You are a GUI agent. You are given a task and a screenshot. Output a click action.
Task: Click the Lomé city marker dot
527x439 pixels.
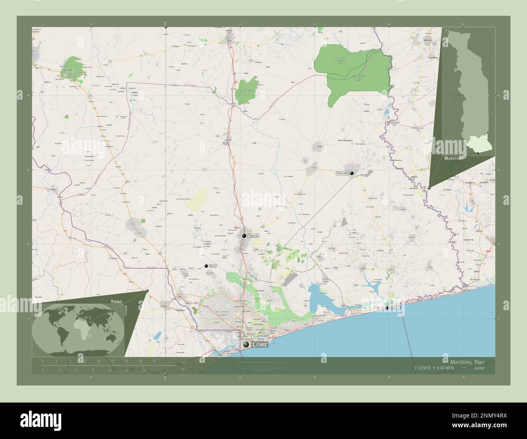(x=246, y=345)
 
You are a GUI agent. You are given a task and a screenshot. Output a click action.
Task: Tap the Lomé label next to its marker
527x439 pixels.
(x=259, y=345)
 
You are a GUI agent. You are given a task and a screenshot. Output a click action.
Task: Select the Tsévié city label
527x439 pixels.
(x=253, y=235)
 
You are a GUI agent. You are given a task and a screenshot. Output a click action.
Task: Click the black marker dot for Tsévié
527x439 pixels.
(x=244, y=236)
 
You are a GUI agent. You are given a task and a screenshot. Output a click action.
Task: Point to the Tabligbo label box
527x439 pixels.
(x=342, y=173)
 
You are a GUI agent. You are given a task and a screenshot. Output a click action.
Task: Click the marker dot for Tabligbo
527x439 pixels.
(x=352, y=173)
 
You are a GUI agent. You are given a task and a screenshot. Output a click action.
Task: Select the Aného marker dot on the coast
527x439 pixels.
(x=387, y=308)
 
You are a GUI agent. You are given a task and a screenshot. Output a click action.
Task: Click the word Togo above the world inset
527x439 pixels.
(x=116, y=302)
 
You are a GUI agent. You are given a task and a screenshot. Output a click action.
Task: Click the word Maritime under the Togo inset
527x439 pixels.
(x=454, y=158)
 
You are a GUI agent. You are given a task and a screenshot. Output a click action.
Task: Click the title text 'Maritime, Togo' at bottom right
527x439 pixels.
(x=466, y=362)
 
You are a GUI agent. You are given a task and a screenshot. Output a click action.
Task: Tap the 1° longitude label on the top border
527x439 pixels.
(x=165, y=23)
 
